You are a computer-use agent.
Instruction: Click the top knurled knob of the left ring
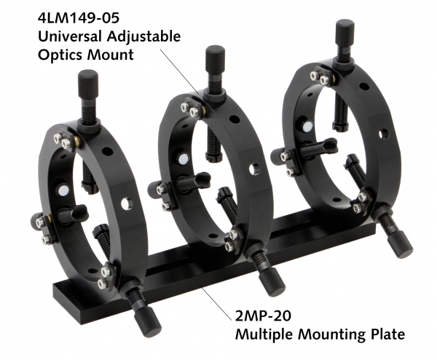pos(88,80)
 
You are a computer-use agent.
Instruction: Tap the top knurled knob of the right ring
pos(345,33)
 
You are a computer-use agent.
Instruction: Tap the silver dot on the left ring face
pos(63,190)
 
